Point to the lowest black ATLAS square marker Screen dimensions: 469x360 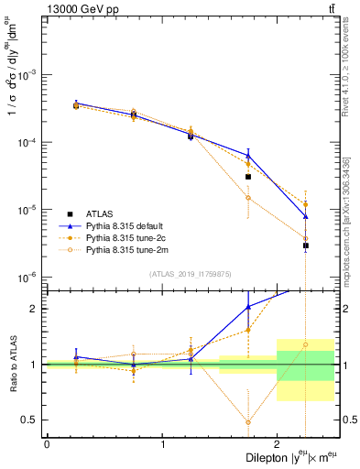[x=306, y=245]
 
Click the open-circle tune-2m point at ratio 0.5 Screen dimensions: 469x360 [x=248, y=422]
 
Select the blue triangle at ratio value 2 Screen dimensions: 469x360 [x=248, y=307]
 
